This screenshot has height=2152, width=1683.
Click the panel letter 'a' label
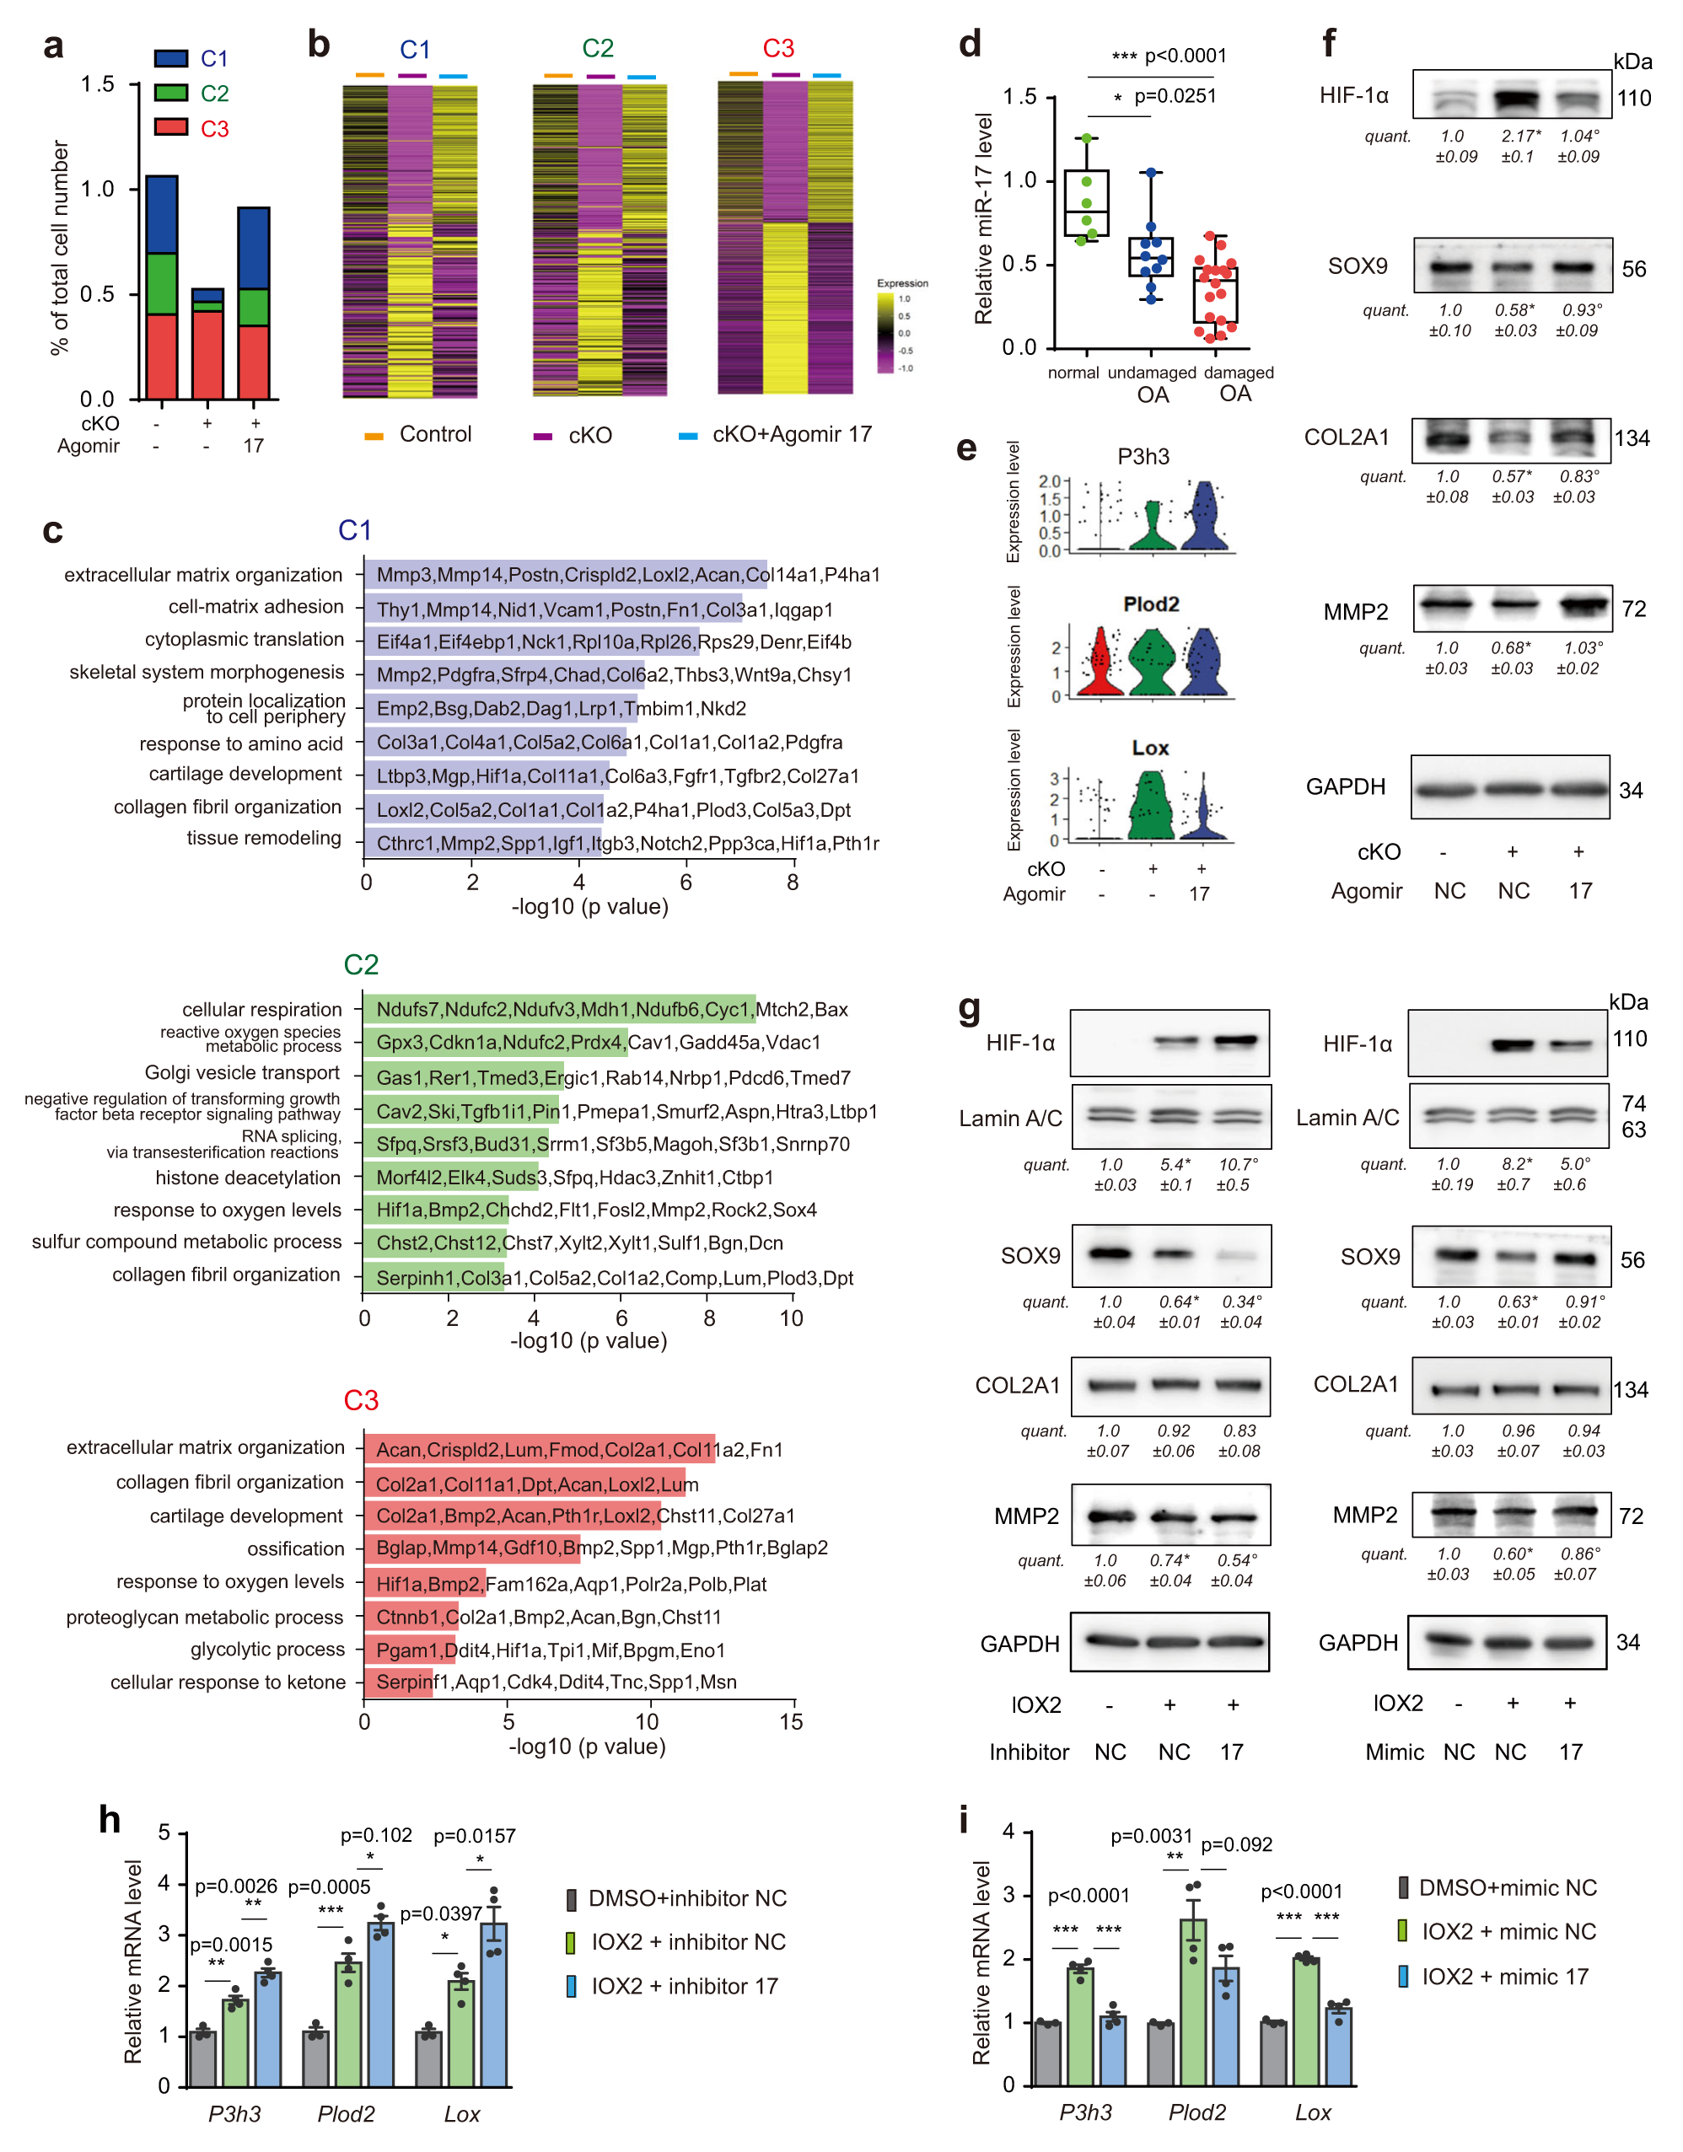tap(53, 46)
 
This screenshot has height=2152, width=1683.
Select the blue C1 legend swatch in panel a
tap(170, 58)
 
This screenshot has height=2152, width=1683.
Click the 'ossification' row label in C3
tap(296, 1549)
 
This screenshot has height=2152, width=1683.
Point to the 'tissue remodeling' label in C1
tap(264, 839)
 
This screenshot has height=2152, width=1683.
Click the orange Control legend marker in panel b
tap(374, 436)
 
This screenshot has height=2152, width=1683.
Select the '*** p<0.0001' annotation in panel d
tap(1169, 56)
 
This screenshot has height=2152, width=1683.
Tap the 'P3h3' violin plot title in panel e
tap(1143, 456)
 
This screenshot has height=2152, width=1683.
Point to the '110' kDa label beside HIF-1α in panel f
tap(1634, 99)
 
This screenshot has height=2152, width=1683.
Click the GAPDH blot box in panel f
tap(1509, 787)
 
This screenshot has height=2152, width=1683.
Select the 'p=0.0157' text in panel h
tap(474, 1836)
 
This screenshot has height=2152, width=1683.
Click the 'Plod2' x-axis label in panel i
tap(1197, 2112)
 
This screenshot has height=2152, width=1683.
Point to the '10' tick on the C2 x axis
tap(791, 1318)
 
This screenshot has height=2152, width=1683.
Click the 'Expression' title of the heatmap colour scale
tap(901, 282)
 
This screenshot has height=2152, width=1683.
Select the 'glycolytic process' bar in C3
tap(409, 1650)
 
